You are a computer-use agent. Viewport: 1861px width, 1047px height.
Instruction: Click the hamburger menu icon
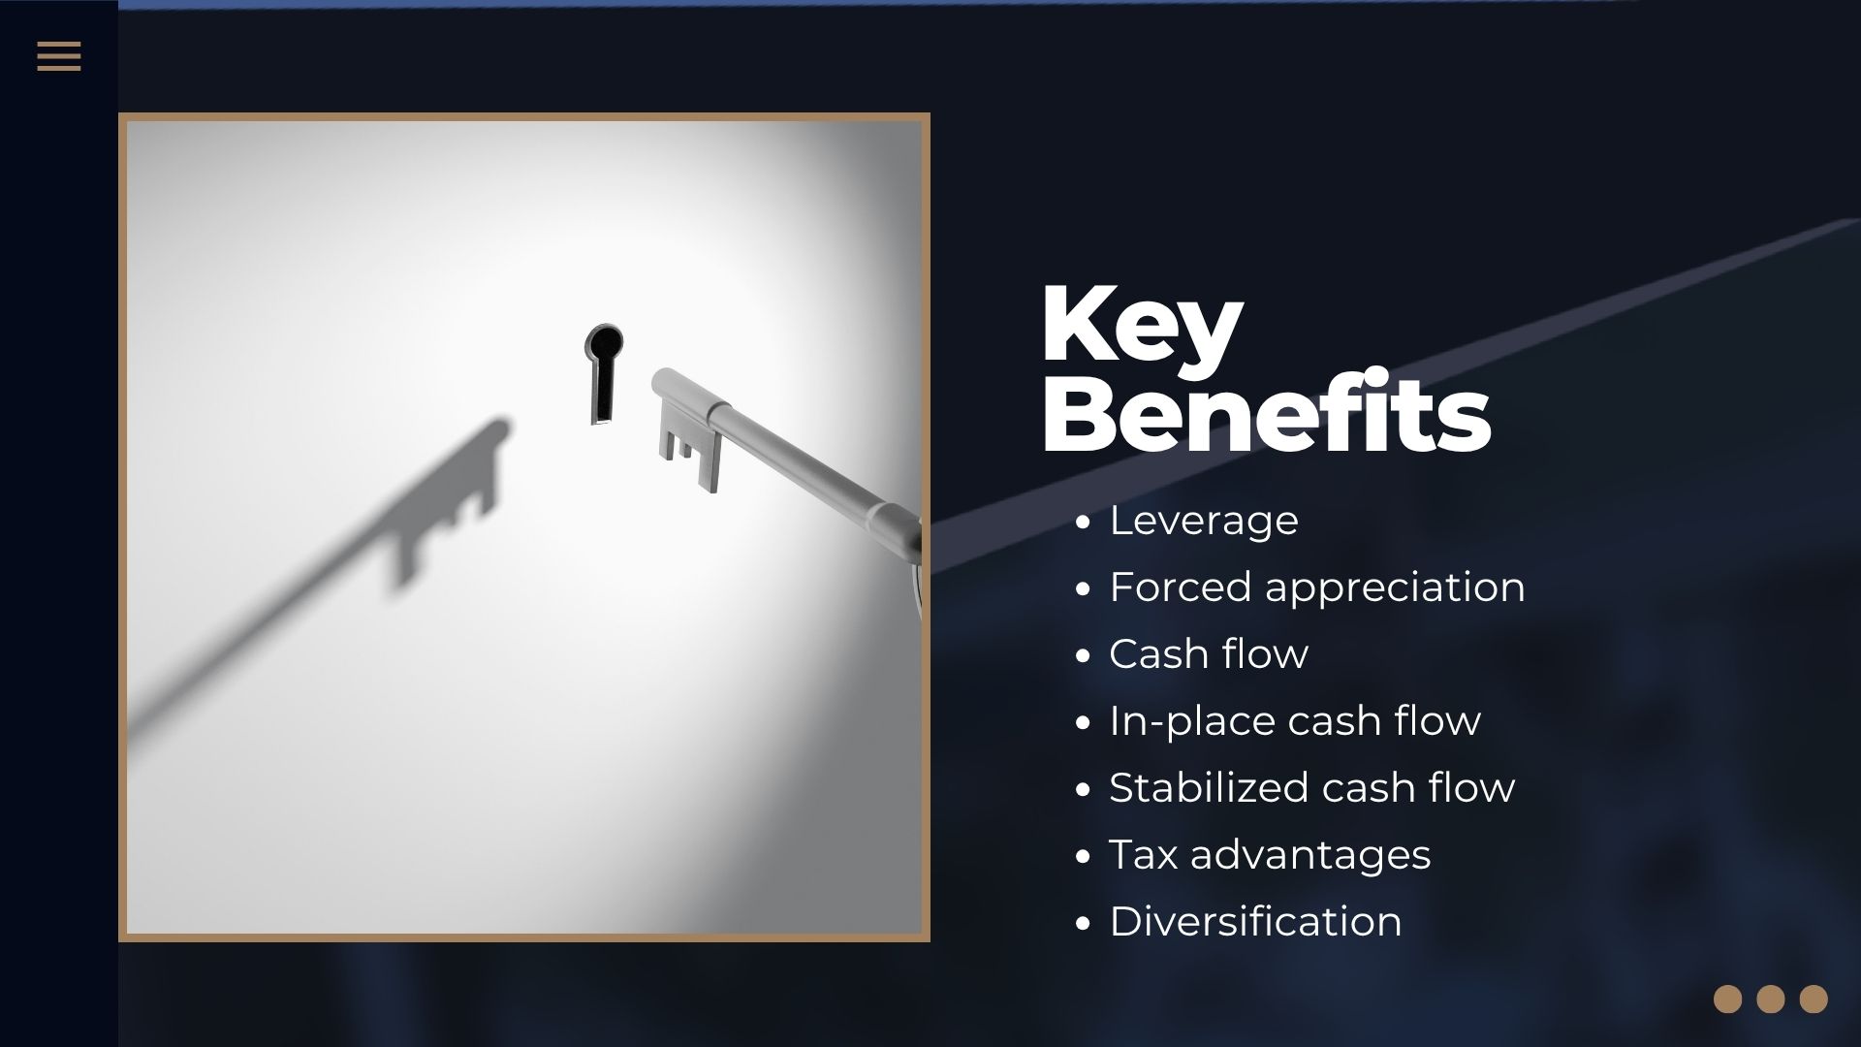59,56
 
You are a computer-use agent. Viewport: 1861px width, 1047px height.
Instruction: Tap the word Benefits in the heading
1266,412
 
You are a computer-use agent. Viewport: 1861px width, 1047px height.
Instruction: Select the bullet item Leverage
1203,521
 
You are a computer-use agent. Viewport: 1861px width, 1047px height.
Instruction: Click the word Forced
1180,587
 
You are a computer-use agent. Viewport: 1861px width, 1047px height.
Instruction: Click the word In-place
1191,722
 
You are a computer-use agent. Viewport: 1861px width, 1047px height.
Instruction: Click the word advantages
1310,856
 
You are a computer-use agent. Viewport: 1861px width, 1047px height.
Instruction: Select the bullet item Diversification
1255,921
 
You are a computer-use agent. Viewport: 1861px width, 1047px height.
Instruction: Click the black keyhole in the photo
603,373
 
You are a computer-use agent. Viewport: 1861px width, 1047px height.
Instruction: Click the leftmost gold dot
1727,999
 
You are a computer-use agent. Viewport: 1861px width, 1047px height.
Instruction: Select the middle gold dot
1770,999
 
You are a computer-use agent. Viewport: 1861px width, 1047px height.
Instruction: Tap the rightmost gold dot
1814,999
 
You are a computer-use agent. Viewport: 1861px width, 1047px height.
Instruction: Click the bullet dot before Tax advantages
1084,857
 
